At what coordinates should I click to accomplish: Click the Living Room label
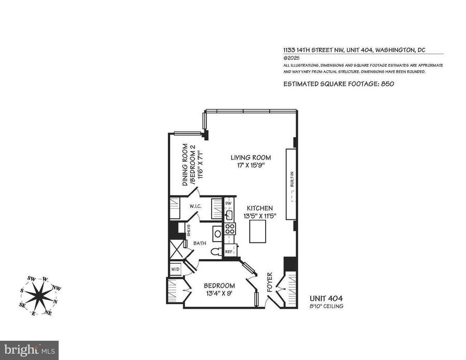(x=251, y=157)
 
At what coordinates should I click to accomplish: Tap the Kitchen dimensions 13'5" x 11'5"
(x=260, y=216)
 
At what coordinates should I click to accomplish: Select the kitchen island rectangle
(x=258, y=232)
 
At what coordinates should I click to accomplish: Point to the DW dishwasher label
(x=228, y=203)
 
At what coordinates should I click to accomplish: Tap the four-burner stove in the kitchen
(x=230, y=229)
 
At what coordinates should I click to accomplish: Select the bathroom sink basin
(x=217, y=234)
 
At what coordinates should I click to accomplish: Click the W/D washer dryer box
(x=176, y=269)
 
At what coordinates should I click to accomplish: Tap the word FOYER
(x=270, y=282)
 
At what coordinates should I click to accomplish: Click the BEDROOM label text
(x=220, y=286)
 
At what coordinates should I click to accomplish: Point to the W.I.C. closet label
(x=196, y=206)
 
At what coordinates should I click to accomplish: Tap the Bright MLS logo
(x=29, y=350)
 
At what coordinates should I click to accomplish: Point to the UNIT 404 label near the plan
(x=326, y=298)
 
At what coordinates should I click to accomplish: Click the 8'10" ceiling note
(x=327, y=306)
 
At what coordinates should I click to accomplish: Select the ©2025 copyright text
(x=291, y=58)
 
